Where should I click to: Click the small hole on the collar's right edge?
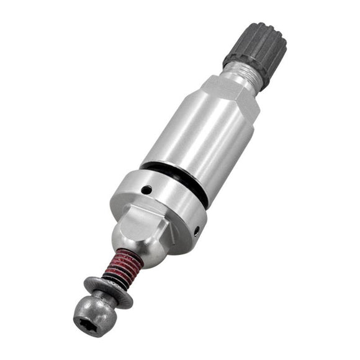197,230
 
